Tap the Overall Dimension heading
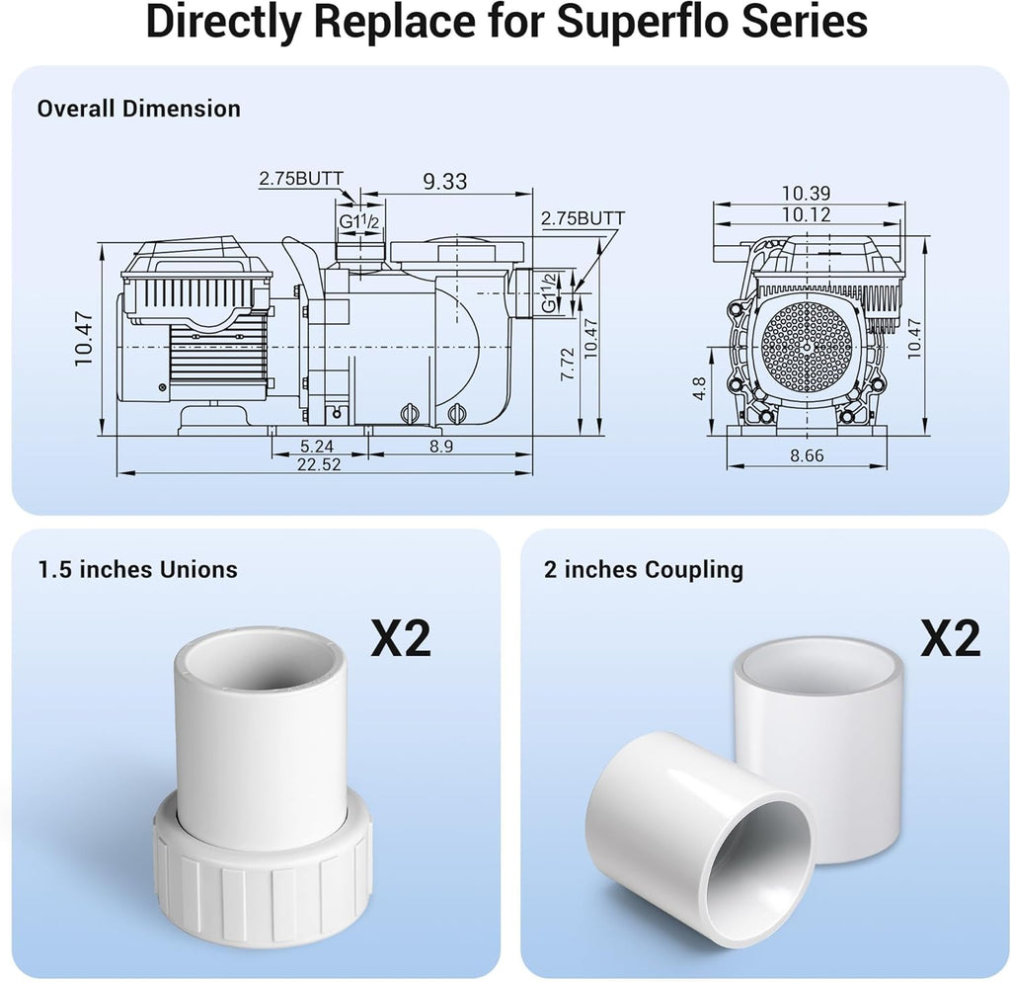point(138,109)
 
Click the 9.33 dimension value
point(445,182)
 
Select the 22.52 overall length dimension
point(319,464)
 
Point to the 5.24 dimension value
point(317,446)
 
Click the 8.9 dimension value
point(441,446)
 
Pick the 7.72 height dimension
point(568,364)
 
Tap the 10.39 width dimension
point(806,193)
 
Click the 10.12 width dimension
point(806,214)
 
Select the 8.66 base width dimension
point(807,455)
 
